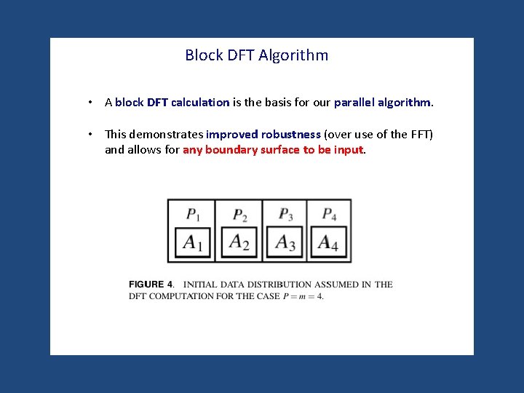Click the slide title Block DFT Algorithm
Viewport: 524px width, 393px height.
click(256, 55)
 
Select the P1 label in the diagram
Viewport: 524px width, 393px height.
click(193, 214)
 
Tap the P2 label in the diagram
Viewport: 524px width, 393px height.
click(240, 215)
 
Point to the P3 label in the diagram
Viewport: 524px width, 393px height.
click(286, 214)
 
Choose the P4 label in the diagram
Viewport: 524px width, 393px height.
click(330, 214)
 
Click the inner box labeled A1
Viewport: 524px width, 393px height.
click(193, 242)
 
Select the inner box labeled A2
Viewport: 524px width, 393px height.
click(239, 242)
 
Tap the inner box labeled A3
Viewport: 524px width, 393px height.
click(285, 242)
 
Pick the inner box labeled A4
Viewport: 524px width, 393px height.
click(328, 242)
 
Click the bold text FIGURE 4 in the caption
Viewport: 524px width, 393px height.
click(151, 285)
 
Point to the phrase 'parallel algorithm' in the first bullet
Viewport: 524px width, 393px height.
click(383, 103)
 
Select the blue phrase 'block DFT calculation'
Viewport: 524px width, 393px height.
click(172, 103)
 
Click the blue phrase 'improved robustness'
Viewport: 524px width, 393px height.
click(263, 135)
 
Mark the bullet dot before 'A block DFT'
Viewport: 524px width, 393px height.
click(89, 103)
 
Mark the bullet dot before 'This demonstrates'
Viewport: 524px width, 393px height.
click(89, 135)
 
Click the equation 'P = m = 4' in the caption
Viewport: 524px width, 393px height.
click(303, 296)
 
